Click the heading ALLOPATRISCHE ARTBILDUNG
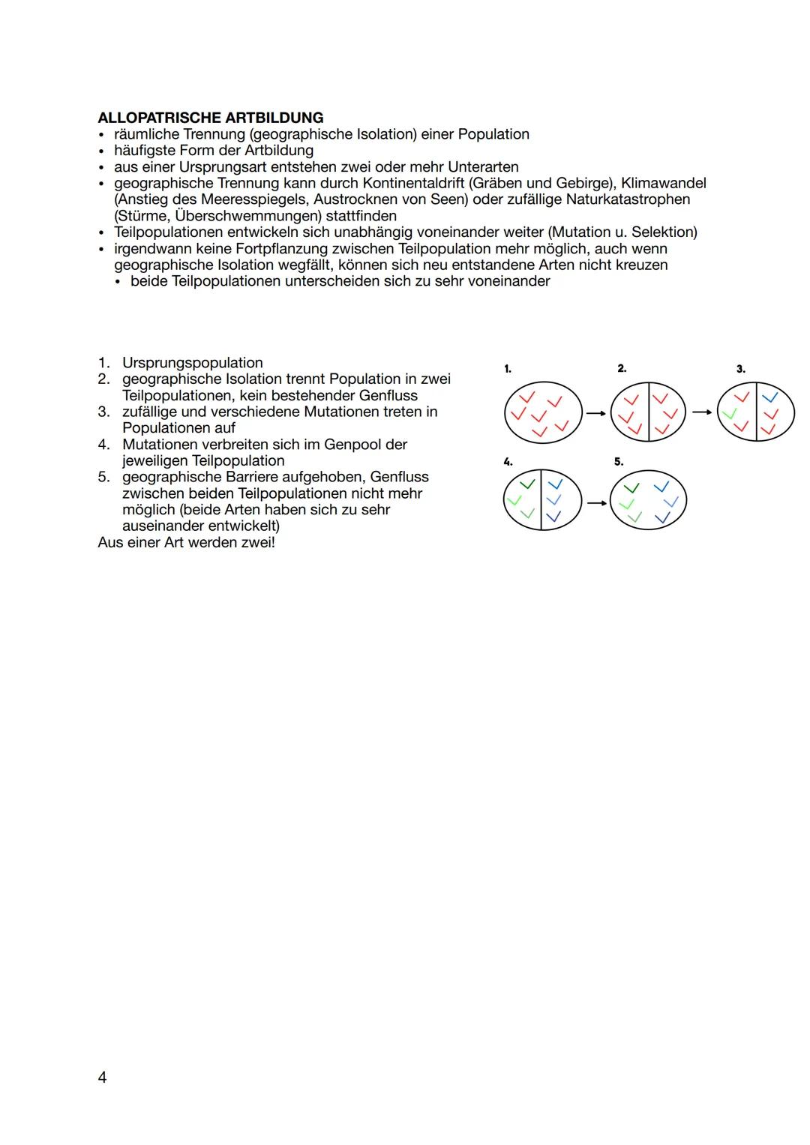click(x=210, y=118)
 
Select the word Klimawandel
click(x=663, y=183)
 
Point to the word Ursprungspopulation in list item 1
click(x=192, y=363)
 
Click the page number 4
click(x=102, y=1078)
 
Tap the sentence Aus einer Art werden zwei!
click(x=186, y=542)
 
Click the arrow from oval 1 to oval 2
click(x=595, y=412)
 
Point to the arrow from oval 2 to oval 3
click(x=702, y=412)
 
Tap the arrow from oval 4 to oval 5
click(x=596, y=503)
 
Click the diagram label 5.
click(x=619, y=462)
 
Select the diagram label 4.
click(x=508, y=462)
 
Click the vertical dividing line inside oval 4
click(x=541, y=501)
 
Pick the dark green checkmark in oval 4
click(x=527, y=484)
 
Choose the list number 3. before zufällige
click(x=103, y=412)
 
